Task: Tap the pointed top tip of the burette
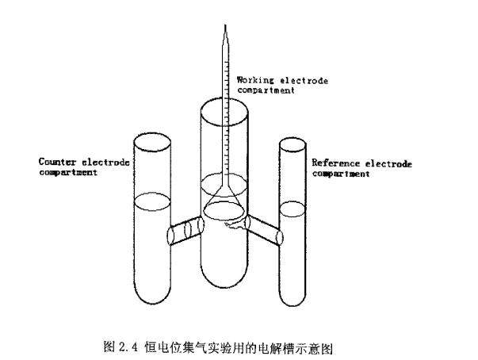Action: click(225, 28)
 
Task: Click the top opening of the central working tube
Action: click(226, 106)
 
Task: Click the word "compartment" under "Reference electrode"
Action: click(339, 173)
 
